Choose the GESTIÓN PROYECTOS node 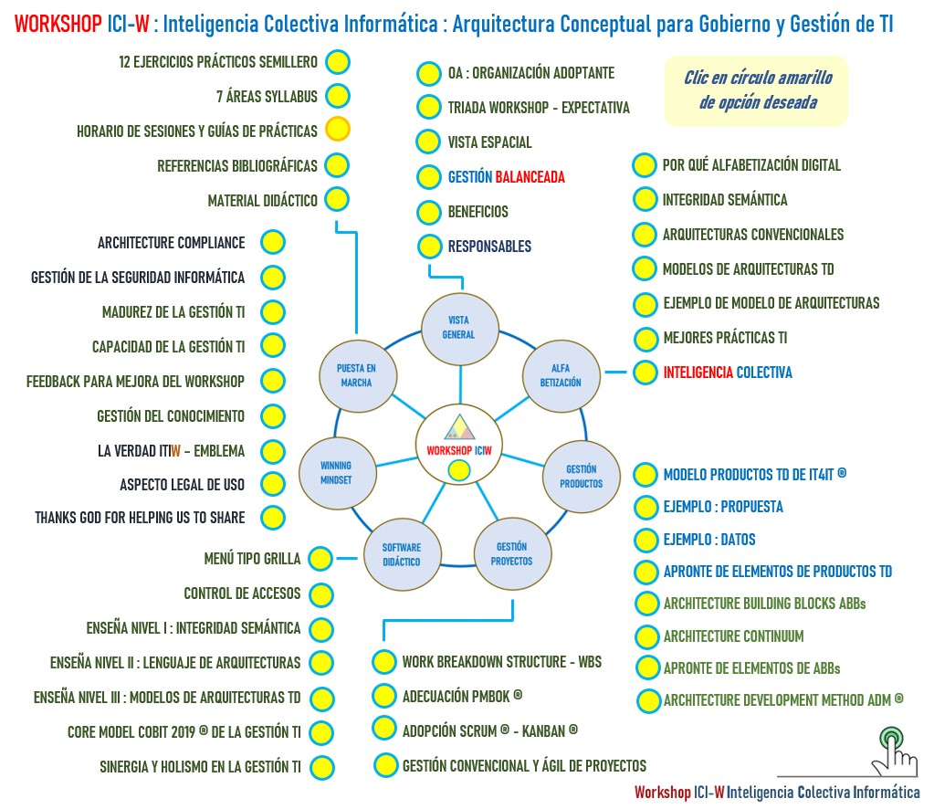[x=511, y=553]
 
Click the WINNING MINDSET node [x=335, y=472]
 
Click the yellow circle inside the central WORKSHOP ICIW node [x=459, y=471]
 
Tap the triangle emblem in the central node [x=459, y=429]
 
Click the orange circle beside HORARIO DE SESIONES [x=338, y=130]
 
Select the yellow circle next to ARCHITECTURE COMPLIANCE [x=272, y=243]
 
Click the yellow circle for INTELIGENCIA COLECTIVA [x=645, y=373]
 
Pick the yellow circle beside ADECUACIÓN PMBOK [x=384, y=696]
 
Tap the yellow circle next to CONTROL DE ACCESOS [x=320, y=594]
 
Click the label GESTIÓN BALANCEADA [x=506, y=177]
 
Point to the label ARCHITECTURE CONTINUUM [x=733, y=636]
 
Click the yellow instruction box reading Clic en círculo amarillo [x=756, y=90]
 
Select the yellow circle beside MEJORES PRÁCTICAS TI [x=645, y=338]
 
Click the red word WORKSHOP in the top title [x=58, y=25]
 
